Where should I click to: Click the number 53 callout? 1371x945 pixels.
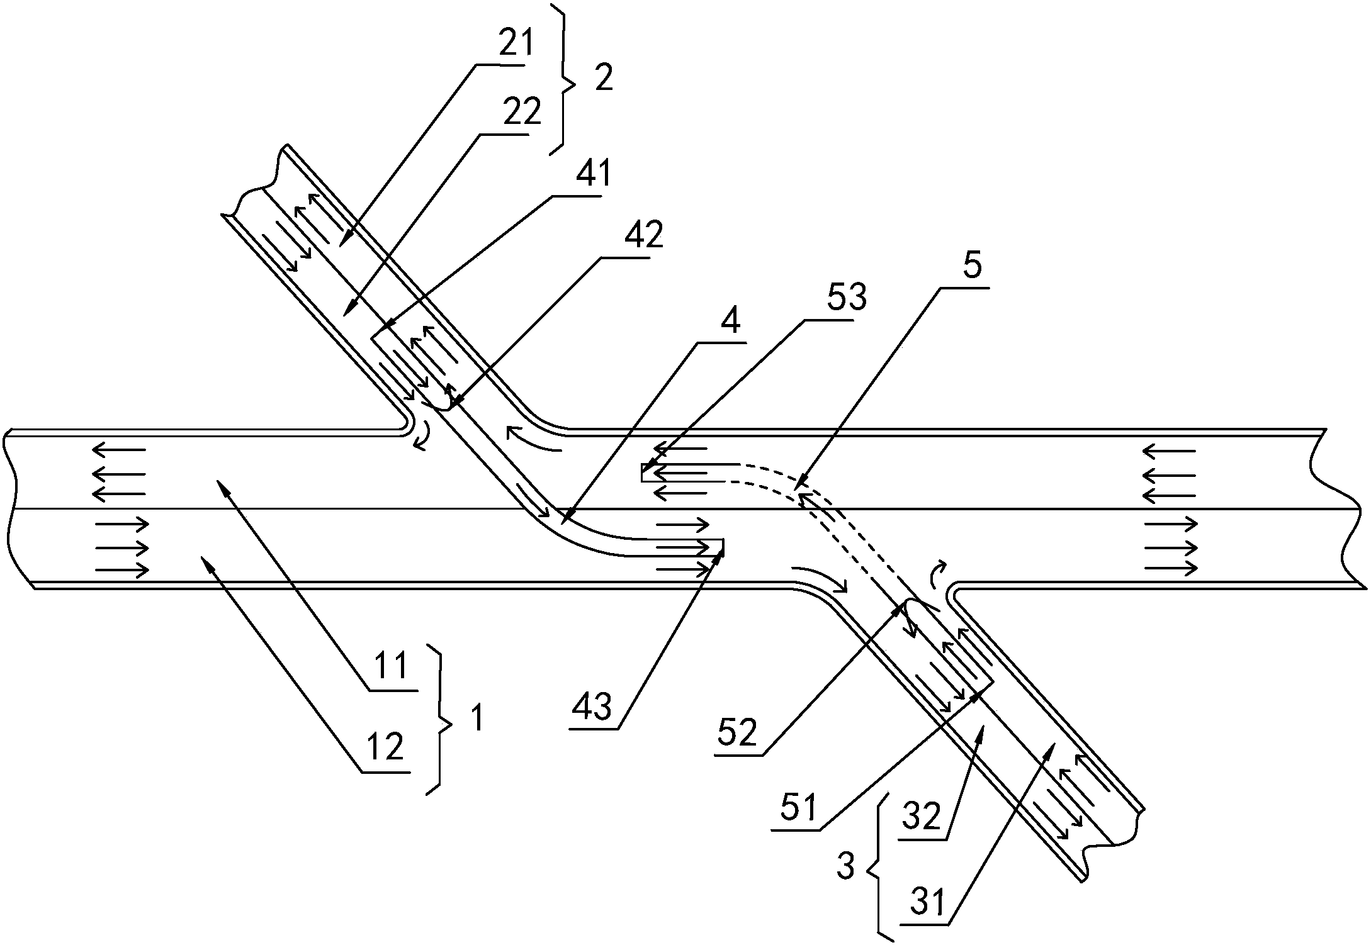pyautogui.click(x=847, y=297)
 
